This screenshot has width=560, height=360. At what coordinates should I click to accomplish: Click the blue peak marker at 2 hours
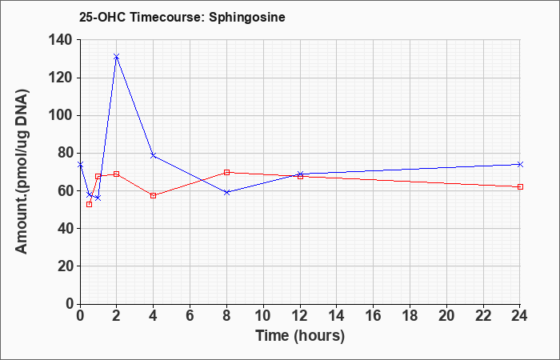click(x=117, y=57)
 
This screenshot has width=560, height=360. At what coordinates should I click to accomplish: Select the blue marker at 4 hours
click(x=154, y=155)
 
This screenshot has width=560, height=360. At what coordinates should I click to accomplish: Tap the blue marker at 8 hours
click(x=226, y=192)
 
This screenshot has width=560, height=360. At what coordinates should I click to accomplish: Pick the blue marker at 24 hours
click(x=520, y=164)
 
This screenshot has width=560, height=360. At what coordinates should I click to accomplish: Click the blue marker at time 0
click(x=80, y=164)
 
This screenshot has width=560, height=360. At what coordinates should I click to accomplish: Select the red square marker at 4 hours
click(x=154, y=195)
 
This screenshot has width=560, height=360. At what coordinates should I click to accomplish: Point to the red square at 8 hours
click(x=226, y=172)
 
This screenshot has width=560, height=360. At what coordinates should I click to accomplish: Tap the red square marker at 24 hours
click(x=520, y=186)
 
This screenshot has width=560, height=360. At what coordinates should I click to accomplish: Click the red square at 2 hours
click(x=117, y=174)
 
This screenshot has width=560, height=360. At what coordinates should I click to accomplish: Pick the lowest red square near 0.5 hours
click(x=90, y=204)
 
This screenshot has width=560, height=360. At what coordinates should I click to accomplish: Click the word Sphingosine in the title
click(x=247, y=17)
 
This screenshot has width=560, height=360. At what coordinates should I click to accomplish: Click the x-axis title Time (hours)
click(x=300, y=336)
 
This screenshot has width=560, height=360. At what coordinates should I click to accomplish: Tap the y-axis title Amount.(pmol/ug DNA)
click(x=22, y=172)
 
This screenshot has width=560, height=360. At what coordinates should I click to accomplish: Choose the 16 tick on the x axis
click(x=374, y=316)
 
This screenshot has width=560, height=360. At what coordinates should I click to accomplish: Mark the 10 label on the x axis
click(x=263, y=316)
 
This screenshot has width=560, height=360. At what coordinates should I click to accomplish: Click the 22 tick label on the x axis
click(x=483, y=316)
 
